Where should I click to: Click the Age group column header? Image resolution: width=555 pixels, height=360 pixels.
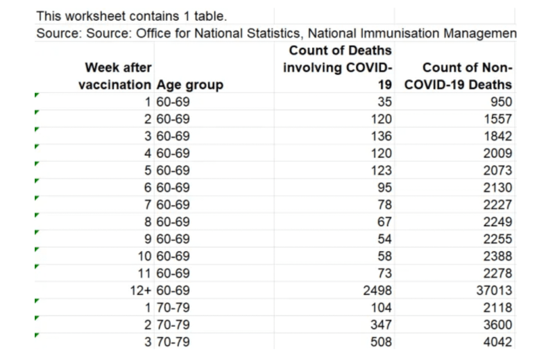coord(189,85)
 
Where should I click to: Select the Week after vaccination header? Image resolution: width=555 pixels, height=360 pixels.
coord(115,76)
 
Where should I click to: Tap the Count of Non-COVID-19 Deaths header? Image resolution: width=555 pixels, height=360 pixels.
coord(458,76)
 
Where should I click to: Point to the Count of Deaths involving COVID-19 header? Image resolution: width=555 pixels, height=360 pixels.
coord(337,67)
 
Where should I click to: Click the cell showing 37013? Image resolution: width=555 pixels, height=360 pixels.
coord(494,291)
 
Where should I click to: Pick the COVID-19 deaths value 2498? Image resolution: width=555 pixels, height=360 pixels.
coord(377,291)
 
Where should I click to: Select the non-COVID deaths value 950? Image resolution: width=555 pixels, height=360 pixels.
coord(501,102)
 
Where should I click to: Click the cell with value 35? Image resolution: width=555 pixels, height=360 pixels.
coord(384,102)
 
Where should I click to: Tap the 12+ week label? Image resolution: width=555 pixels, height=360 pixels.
coord(141,291)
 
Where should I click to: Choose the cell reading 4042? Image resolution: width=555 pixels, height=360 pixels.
coord(497,342)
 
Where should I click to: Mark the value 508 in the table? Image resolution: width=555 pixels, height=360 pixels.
coord(381,342)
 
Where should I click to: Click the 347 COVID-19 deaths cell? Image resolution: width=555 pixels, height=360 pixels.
coord(381,325)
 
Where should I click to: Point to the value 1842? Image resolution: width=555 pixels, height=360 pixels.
coord(497,136)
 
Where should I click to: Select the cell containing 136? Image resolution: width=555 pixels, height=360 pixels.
coord(381,136)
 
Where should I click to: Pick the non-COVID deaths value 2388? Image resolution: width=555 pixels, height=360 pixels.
coord(497,256)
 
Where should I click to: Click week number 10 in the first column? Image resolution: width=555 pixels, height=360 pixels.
coord(144,256)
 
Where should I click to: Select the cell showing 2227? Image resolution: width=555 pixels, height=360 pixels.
coord(497,205)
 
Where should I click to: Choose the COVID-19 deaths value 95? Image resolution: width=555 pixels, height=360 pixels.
coord(384,187)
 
